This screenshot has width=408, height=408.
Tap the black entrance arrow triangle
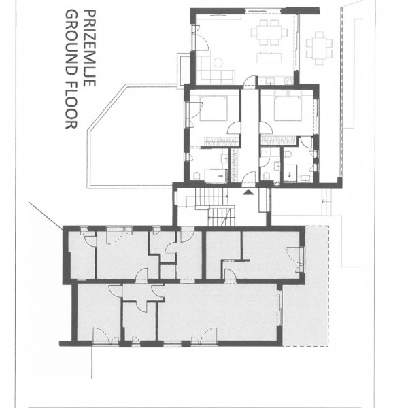(x=249, y=192)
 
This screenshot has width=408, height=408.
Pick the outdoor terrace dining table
(x=318, y=46)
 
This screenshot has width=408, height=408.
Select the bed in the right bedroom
(x=285, y=108)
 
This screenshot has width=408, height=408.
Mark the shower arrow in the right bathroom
(x=293, y=174)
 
